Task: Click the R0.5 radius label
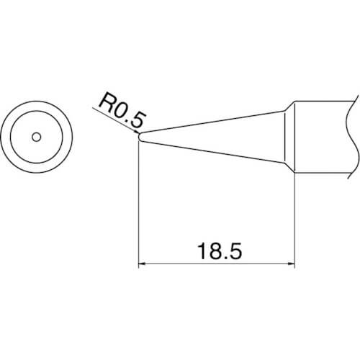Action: coord(122,112)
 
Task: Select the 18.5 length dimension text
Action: coord(220,251)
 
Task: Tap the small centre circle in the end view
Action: coord(37,137)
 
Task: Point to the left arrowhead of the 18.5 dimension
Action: coord(142,264)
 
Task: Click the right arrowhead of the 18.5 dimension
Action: coord(291,264)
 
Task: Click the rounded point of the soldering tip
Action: coord(140,137)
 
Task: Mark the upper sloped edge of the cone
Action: coord(212,122)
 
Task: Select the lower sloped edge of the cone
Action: coord(212,152)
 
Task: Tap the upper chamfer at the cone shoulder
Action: coord(289,106)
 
